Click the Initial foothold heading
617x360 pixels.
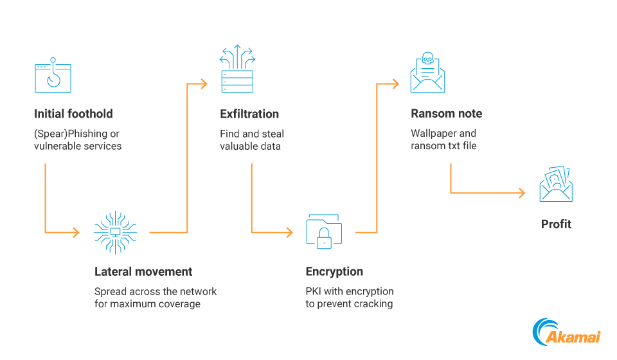click(x=73, y=114)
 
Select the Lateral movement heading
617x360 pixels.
click(x=143, y=271)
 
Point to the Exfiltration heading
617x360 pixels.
click(x=249, y=114)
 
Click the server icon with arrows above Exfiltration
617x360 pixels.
click(x=237, y=69)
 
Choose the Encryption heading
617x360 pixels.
click(x=334, y=271)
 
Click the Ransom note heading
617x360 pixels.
click(x=446, y=114)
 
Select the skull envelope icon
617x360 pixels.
click(x=427, y=73)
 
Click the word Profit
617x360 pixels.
click(x=556, y=224)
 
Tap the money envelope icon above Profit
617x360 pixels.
click(x=556, y=184)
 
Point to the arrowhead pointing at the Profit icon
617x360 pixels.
click(x=522, y=192)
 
